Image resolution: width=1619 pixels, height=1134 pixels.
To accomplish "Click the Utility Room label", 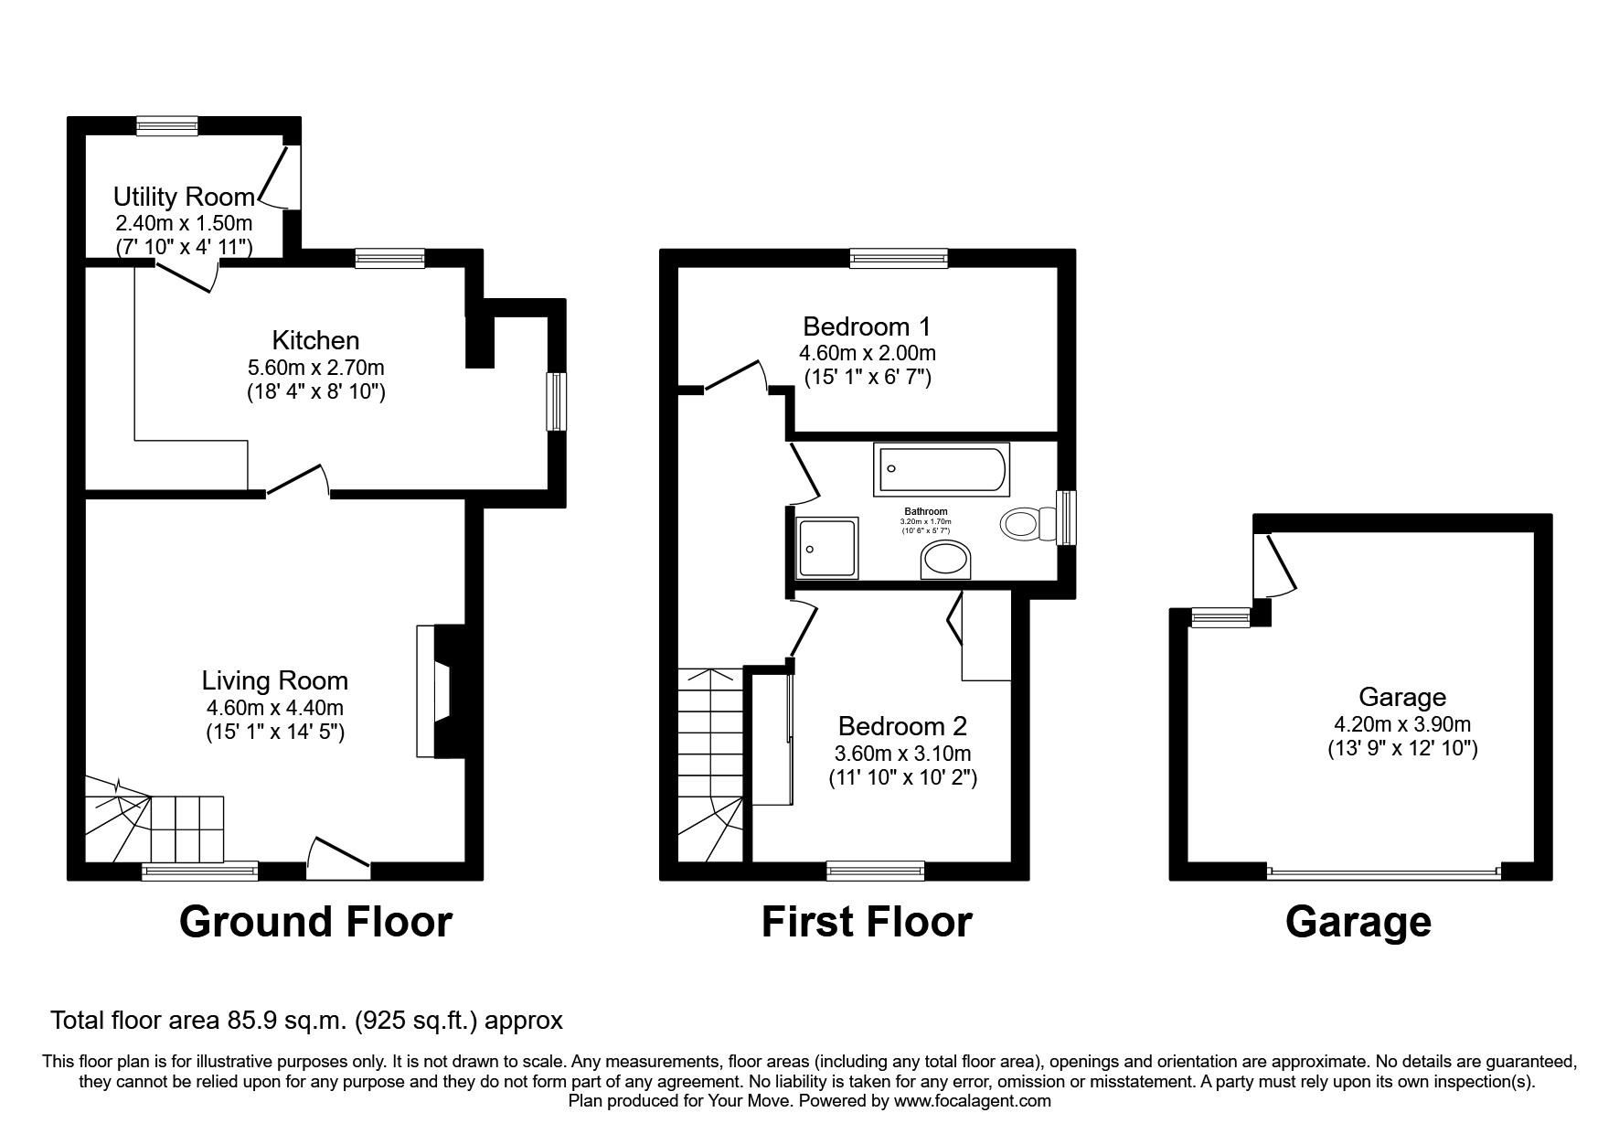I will click(x=184, y=197).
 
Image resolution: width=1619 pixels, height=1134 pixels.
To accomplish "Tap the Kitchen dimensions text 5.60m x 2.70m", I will click(x=315, y=368).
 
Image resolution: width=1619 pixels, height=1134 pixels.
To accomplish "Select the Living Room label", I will click(x=274, y=680).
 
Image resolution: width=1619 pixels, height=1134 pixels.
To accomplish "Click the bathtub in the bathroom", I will click(x=941, y=469).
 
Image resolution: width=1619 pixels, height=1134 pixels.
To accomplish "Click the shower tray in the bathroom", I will click(x=827, y=548).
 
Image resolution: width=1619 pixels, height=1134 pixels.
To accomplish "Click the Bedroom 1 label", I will click(x=867, y=326).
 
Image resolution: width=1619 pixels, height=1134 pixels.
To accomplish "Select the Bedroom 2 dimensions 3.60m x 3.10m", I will click(x=902, y=754).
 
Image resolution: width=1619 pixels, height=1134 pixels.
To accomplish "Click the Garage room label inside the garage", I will click(x=1402, y=697).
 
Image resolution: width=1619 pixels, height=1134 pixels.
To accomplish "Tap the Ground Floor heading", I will click(x=315, y=922).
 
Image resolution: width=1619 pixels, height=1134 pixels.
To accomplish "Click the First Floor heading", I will click(x=867, y=922).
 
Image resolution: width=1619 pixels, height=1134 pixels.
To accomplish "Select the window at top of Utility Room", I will click(x=167, y=126).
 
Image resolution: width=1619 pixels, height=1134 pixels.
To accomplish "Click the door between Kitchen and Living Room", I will click(x=298, y=482).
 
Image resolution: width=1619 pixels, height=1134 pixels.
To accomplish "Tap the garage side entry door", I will click(x=1277, y=565).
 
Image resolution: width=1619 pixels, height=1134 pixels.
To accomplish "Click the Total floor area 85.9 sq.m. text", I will click(x=305, y=1020).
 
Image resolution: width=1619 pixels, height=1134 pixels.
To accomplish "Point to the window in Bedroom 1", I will click(x=899, y=258).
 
